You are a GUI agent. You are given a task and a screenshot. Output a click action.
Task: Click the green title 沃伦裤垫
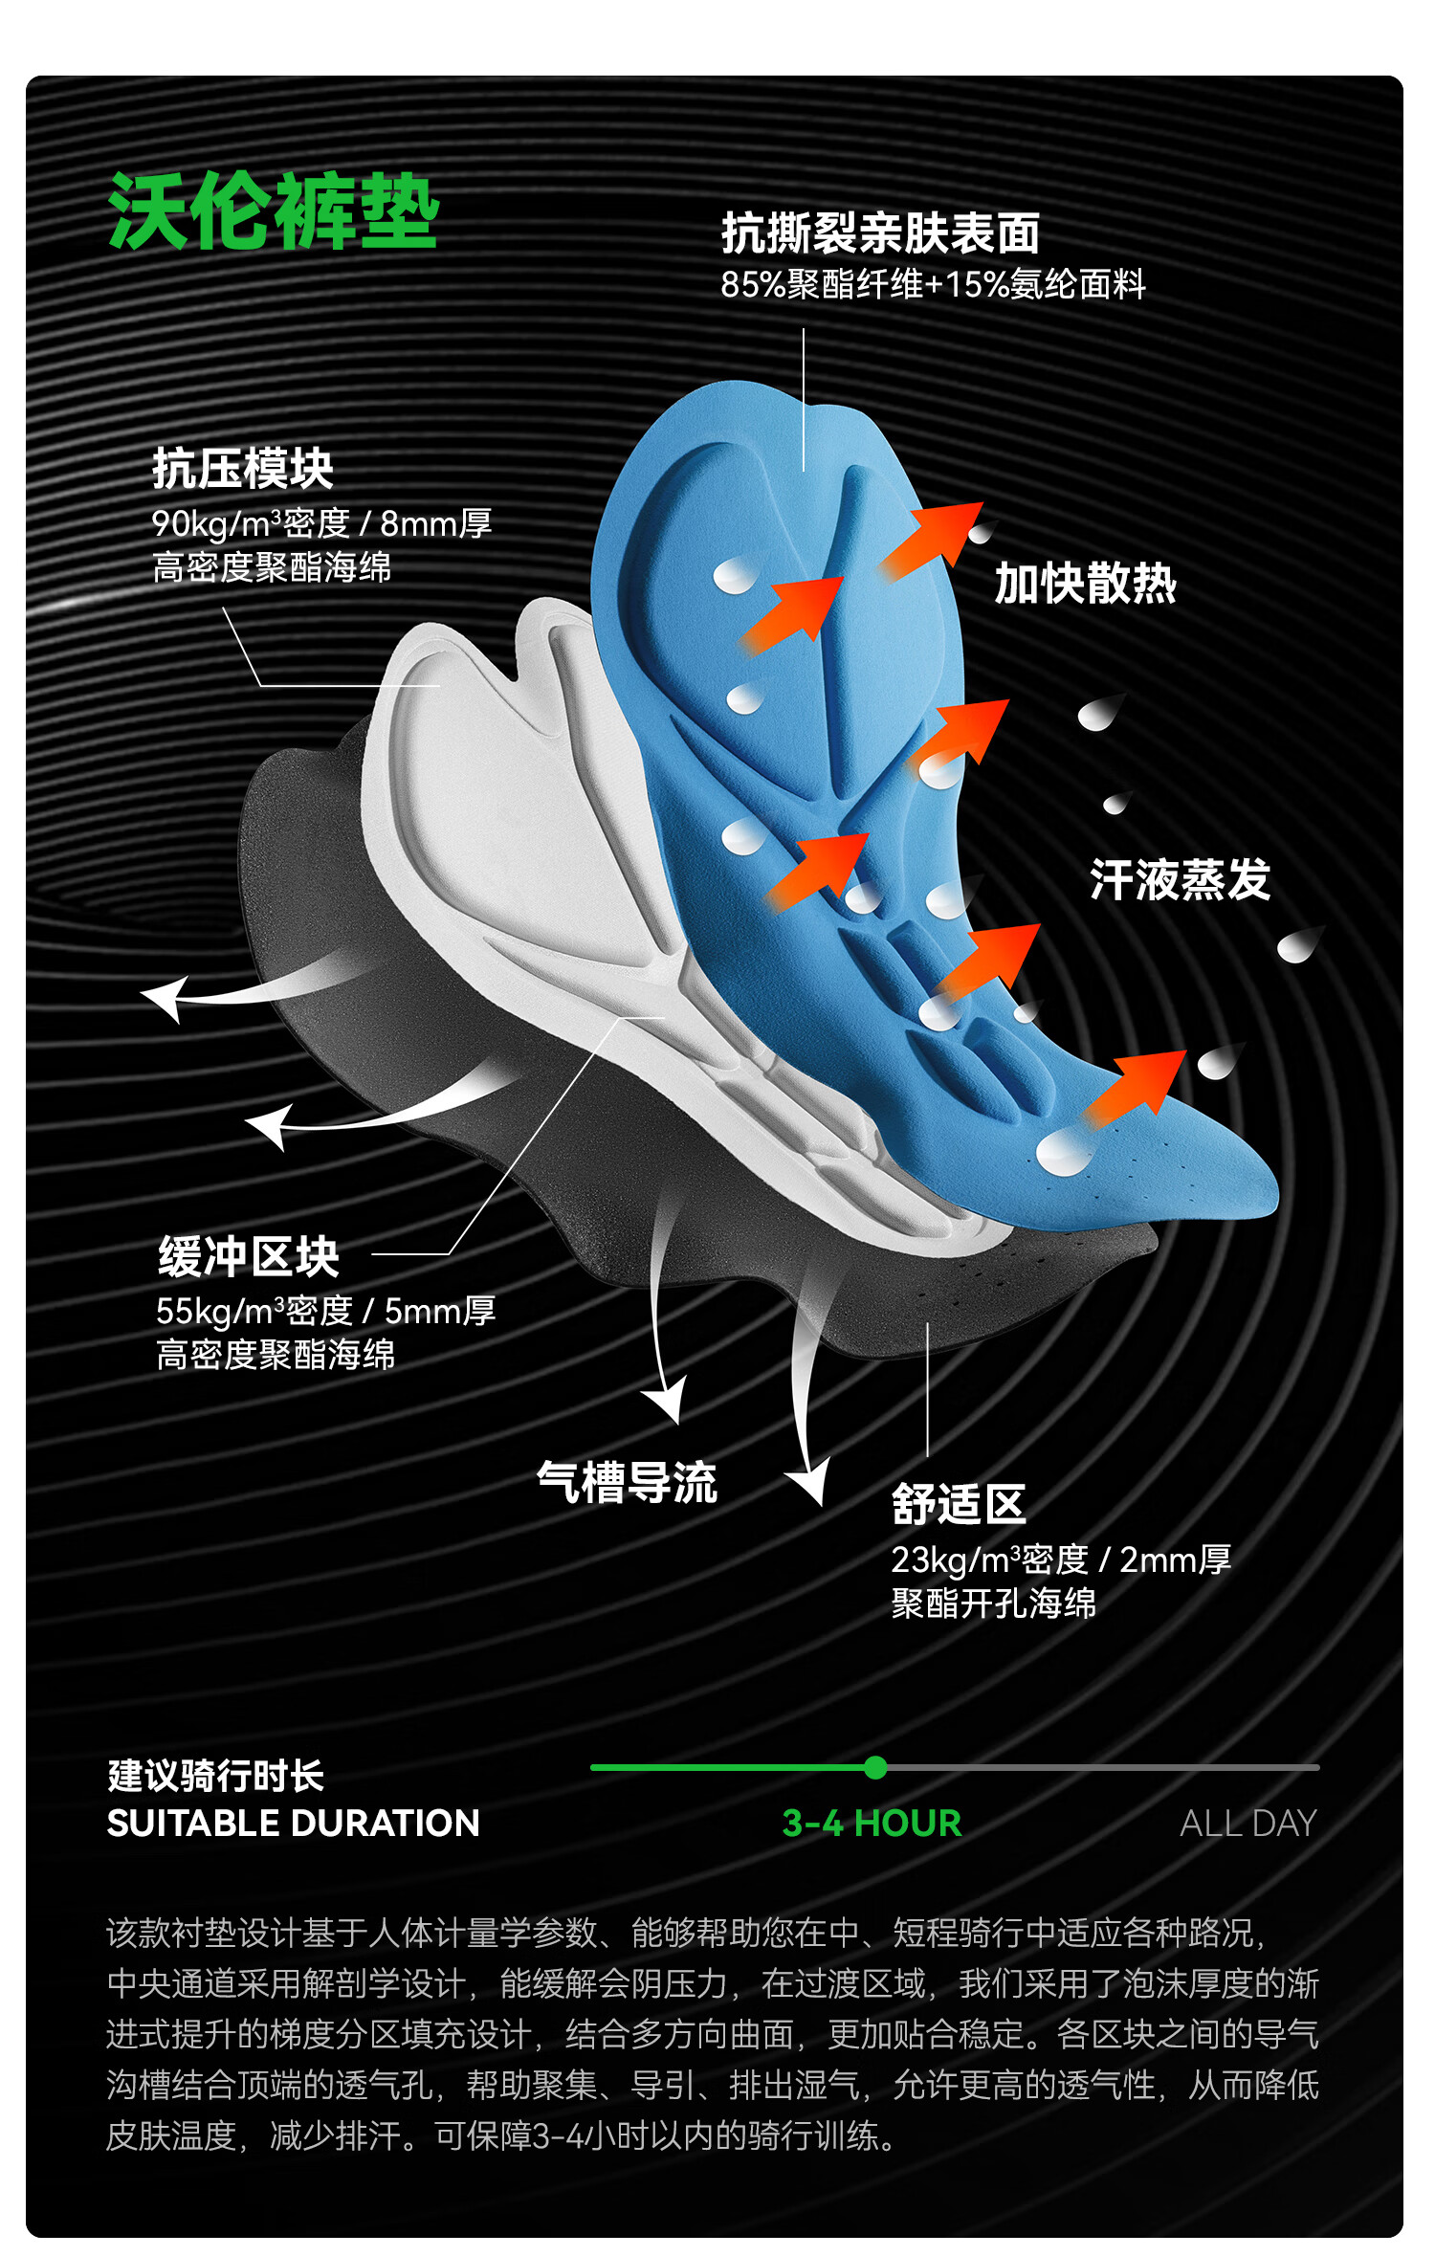[x=274, y=211]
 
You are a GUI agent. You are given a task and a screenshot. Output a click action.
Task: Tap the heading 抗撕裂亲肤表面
[x=880, y=233]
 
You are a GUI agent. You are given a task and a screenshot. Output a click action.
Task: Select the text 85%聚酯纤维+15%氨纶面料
[x=933, y=284]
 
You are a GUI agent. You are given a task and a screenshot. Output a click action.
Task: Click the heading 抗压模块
[x=243, y=469]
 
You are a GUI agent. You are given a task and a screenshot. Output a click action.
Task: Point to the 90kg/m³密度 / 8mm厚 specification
[x=321, y=523]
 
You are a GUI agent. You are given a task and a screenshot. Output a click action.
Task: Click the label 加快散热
[x=1085, y=583]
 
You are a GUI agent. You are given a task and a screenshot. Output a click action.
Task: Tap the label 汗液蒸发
[x=1180, y=879]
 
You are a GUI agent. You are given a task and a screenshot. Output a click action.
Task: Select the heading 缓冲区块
[x=249, y=1256]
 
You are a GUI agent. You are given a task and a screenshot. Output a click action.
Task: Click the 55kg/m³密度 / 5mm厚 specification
[x=325, y=1311]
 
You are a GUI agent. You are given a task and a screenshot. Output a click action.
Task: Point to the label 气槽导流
[x=627, y=1482]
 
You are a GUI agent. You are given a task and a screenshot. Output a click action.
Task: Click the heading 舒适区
[x=959, y=1504]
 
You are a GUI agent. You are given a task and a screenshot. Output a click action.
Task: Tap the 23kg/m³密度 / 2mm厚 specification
[x=1060, y=1559]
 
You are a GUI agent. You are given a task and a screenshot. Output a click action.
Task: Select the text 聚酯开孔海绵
[x=993, y=1603]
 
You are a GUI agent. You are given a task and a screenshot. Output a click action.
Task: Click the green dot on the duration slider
[x=874, y=1767]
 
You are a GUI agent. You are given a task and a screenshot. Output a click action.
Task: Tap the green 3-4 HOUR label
[x=872, y=1824]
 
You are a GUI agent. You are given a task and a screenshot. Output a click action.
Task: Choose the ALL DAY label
[x=1248, y=1824]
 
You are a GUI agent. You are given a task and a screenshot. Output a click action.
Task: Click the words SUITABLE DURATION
[x=293, y=1824]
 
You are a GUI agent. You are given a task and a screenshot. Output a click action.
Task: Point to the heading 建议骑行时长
[x=216, y=1776]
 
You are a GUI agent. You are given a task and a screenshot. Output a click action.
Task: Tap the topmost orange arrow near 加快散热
[x=933, y=538]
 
